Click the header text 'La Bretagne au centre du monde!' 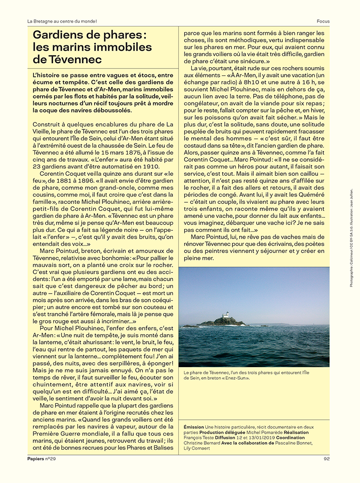pyautogui.click(x=62, y=21)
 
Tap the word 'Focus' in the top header pyautogui.click(x=323, y=21)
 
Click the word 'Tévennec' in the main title pyautogui.click(x=75, y=60)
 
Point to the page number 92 pyautogui.click(x=327, y=459)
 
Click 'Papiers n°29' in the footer pyautogui.click(x=42, y=459)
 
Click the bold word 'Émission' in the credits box pyautogui.click(x=194, y=427)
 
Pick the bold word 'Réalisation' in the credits pyautogui.click(x=295, y=432)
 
